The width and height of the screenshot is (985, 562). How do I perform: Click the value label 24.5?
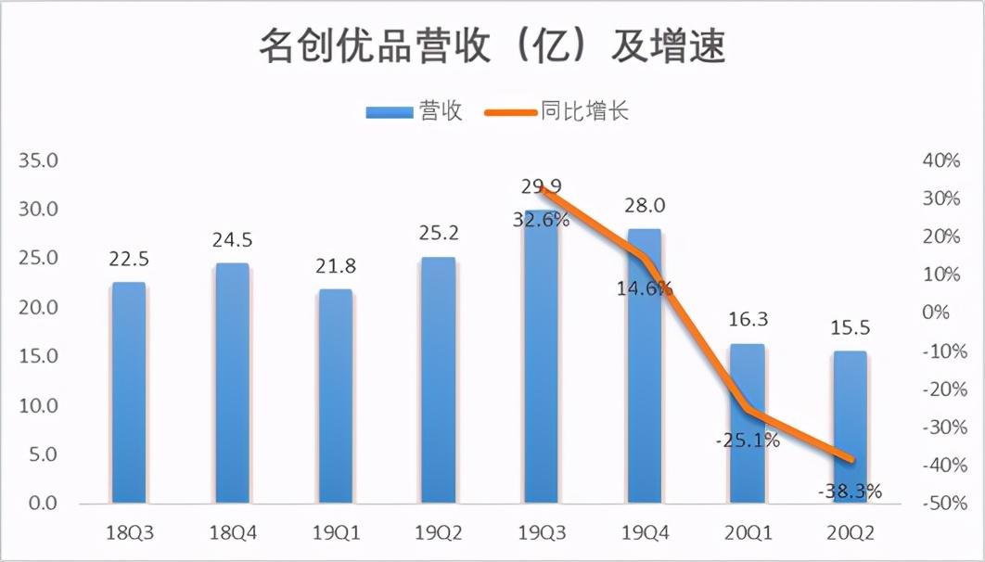coord(231,240)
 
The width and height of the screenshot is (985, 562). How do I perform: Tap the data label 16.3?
coord(747,320)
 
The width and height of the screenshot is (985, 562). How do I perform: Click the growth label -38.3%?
coord(850,491)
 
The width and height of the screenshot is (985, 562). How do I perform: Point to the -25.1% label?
coord(747,441)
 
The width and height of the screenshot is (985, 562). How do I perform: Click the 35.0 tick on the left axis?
coord(38,160)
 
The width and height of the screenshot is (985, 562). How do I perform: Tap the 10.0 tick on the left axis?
coord(38,405)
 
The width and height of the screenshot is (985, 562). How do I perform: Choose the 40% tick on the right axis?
coord(941,160)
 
